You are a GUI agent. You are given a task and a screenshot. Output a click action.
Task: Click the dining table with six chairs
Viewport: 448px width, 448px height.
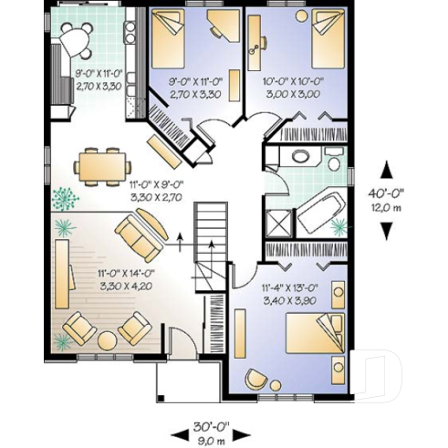(101, 163)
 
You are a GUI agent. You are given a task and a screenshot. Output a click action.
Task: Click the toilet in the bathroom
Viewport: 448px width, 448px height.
(334, 161)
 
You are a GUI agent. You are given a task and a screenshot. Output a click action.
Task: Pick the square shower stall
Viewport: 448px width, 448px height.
(277, 221)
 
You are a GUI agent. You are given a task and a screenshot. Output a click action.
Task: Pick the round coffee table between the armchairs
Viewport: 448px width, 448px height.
(107, 339)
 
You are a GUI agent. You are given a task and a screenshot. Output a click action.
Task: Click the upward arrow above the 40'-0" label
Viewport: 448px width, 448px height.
(387, 171)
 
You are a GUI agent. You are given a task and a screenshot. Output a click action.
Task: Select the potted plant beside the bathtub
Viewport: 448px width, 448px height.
(339, 224)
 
